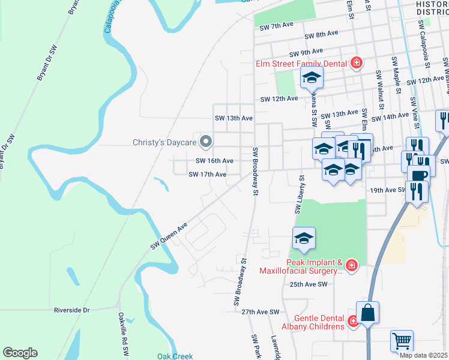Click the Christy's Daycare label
tap(165, 142)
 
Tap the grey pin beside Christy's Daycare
tap(206, 142)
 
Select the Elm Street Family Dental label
tap(301, 63)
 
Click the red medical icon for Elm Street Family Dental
tap(357, 62)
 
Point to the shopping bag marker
tap(367, 312)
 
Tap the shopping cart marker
tap(402, 340)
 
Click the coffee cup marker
tap(418, 175)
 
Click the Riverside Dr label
tap(71, 310)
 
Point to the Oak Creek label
tap(175, 356)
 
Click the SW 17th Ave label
tap(207, 175)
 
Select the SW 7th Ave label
tap(276, 26)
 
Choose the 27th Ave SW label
tap(261, 312)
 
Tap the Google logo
tap(20, 353)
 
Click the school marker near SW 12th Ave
tap(312, 77)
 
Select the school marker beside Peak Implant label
tap(304, 238)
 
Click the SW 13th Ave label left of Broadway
tap(234, 118)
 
